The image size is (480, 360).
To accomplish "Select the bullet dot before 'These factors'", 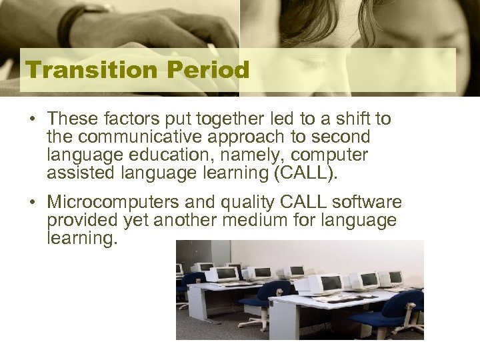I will point(32,121).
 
